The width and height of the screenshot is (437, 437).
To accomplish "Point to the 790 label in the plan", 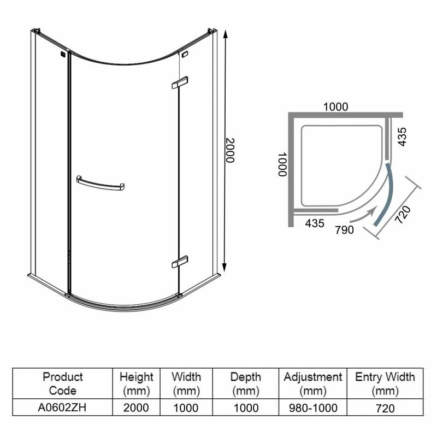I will click(x=345, y=229).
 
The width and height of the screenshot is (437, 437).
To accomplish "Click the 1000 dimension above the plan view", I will click(x=335, y=107).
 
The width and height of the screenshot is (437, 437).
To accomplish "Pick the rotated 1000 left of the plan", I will click(x=282, y=164).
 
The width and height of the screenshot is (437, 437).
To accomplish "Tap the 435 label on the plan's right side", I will click(x=403, y=137).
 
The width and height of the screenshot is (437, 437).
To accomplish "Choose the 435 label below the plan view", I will click(x=315, y=223).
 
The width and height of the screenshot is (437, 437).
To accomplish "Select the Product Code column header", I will click(x=62, y=383).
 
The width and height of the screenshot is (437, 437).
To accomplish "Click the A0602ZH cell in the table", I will click(x=62, y=408).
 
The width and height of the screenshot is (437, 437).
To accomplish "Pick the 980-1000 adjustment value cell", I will click(x=313, y=408).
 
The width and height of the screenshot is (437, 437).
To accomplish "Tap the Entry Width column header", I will click(x=385, y=383).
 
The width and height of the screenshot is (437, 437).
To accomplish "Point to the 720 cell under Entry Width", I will click(x=385, y=408).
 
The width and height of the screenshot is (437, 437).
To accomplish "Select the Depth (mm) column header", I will click(x=245, y=383).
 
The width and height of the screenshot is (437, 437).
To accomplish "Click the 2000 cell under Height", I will click(x=137, y=408).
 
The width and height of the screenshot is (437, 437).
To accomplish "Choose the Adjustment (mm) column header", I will click(x=313, y=383).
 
